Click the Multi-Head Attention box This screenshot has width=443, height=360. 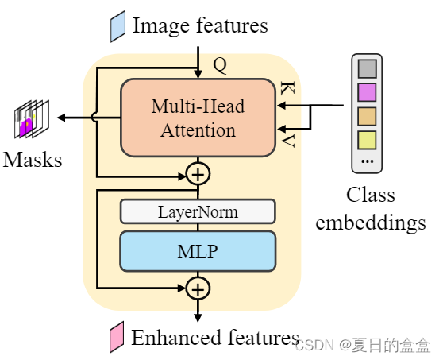[x=198, y=117]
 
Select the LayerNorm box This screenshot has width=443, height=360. [x=198, y=212]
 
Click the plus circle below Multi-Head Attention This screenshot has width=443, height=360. [x=198, y=173]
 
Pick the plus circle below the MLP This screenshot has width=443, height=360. [x=198, y=287]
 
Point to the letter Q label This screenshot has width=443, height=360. [x=220, y=66]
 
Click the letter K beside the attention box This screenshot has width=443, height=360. [x=287, y=91]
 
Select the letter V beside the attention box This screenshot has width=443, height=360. [x=287, y=141]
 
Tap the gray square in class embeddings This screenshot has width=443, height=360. [x=366, y=67]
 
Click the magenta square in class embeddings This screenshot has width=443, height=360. [x=366, y=91]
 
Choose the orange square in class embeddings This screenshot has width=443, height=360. [x=366, y=116]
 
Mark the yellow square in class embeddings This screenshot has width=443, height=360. [x=366, y=141]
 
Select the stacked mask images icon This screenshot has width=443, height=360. [x=31, y=119]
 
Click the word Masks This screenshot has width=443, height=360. [x=33, y=160]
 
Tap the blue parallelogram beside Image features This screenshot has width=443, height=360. [x=117, y=26]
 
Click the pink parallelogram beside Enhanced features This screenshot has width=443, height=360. [x=117, y=338]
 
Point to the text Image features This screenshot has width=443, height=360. [x=200, y=25]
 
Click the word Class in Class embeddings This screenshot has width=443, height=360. [x=370, y=195]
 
